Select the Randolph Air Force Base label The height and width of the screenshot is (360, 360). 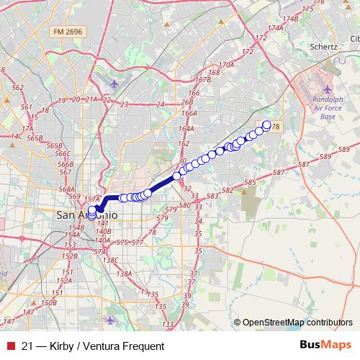(328, 108)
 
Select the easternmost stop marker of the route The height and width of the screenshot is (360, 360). (266, 125)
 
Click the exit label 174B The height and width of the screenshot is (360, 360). (290, 19)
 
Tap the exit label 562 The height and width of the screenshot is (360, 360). (19, 87)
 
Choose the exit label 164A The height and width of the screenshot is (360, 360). (187, 128)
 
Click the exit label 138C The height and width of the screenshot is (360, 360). (109, 259)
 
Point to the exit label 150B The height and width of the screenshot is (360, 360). (48, 303)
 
